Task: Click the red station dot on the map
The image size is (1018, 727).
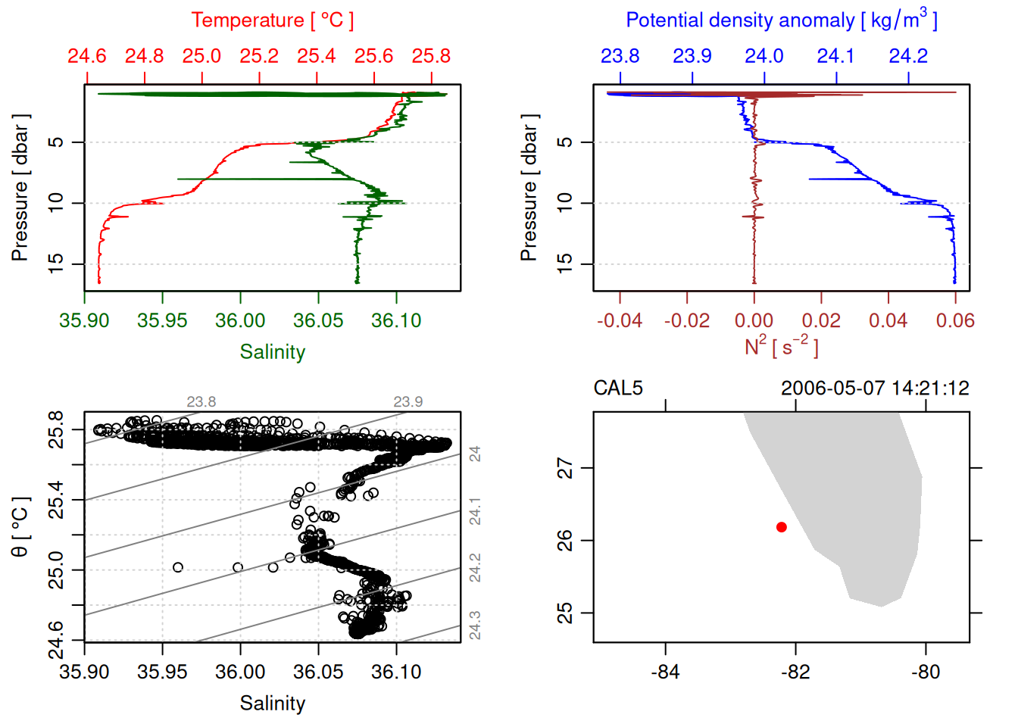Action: (x=781, y=527)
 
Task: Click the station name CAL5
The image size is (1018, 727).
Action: (x=617, y=388)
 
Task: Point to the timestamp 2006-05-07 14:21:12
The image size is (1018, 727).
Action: (x=875, y=388)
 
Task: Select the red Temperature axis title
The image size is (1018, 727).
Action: (x=272, y=20)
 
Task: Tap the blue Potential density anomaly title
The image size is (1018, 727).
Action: (x=781, y=20)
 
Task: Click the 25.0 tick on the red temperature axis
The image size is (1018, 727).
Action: (x=201, y=57)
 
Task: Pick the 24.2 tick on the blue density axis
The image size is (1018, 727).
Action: (x=907, y=57)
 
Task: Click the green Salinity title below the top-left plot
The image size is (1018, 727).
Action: (x=272, y=352)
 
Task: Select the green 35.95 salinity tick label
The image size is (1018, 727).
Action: (x=162, y=321)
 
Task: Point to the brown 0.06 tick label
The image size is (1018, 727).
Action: (x=954, y=321)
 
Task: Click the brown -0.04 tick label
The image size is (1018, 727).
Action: (x=619, y=321)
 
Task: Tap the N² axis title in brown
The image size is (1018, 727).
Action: (x=781, y=347)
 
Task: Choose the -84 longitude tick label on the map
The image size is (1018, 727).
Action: (x=665, y=672)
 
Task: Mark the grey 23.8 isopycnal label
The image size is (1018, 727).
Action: (x=201, y=402)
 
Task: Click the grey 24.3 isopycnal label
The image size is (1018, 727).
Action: (x=475, y=626)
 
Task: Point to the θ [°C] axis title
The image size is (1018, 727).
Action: (x=20, y=527)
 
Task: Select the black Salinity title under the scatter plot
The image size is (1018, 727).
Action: (x=272, y=704)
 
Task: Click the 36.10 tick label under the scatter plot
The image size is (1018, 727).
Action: (x=396, y=672)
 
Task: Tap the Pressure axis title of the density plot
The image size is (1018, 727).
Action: (x=529, y=188)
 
